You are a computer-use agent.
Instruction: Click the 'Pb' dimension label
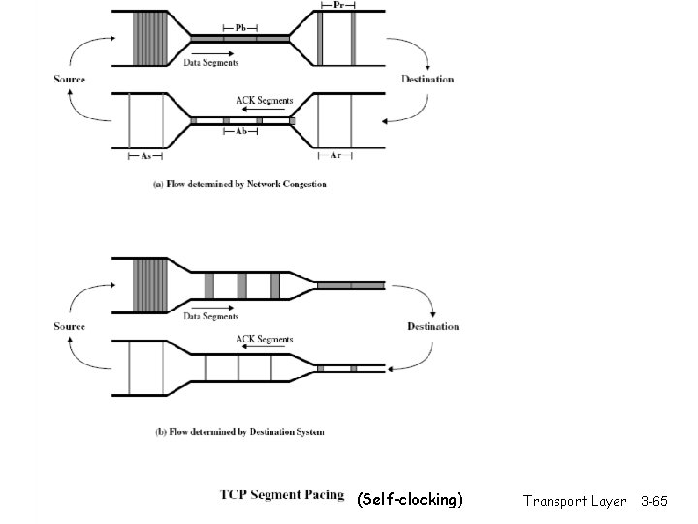click(240, 28)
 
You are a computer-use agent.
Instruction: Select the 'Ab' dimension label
click(240, 131)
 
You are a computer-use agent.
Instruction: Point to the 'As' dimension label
click(145, 154)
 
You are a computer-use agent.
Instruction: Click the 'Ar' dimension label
click(334, 154)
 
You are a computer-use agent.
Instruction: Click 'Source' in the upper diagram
click(69, 80)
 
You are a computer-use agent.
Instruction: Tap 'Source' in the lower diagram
click(69, 327)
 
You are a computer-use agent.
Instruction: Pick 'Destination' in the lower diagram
click(432, 327)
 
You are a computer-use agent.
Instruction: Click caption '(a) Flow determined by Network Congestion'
click(239, 183)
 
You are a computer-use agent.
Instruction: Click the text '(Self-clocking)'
click(410, 500)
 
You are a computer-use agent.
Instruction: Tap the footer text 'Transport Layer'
click(575, 501)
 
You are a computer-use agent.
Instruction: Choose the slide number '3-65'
click(654, 501)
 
